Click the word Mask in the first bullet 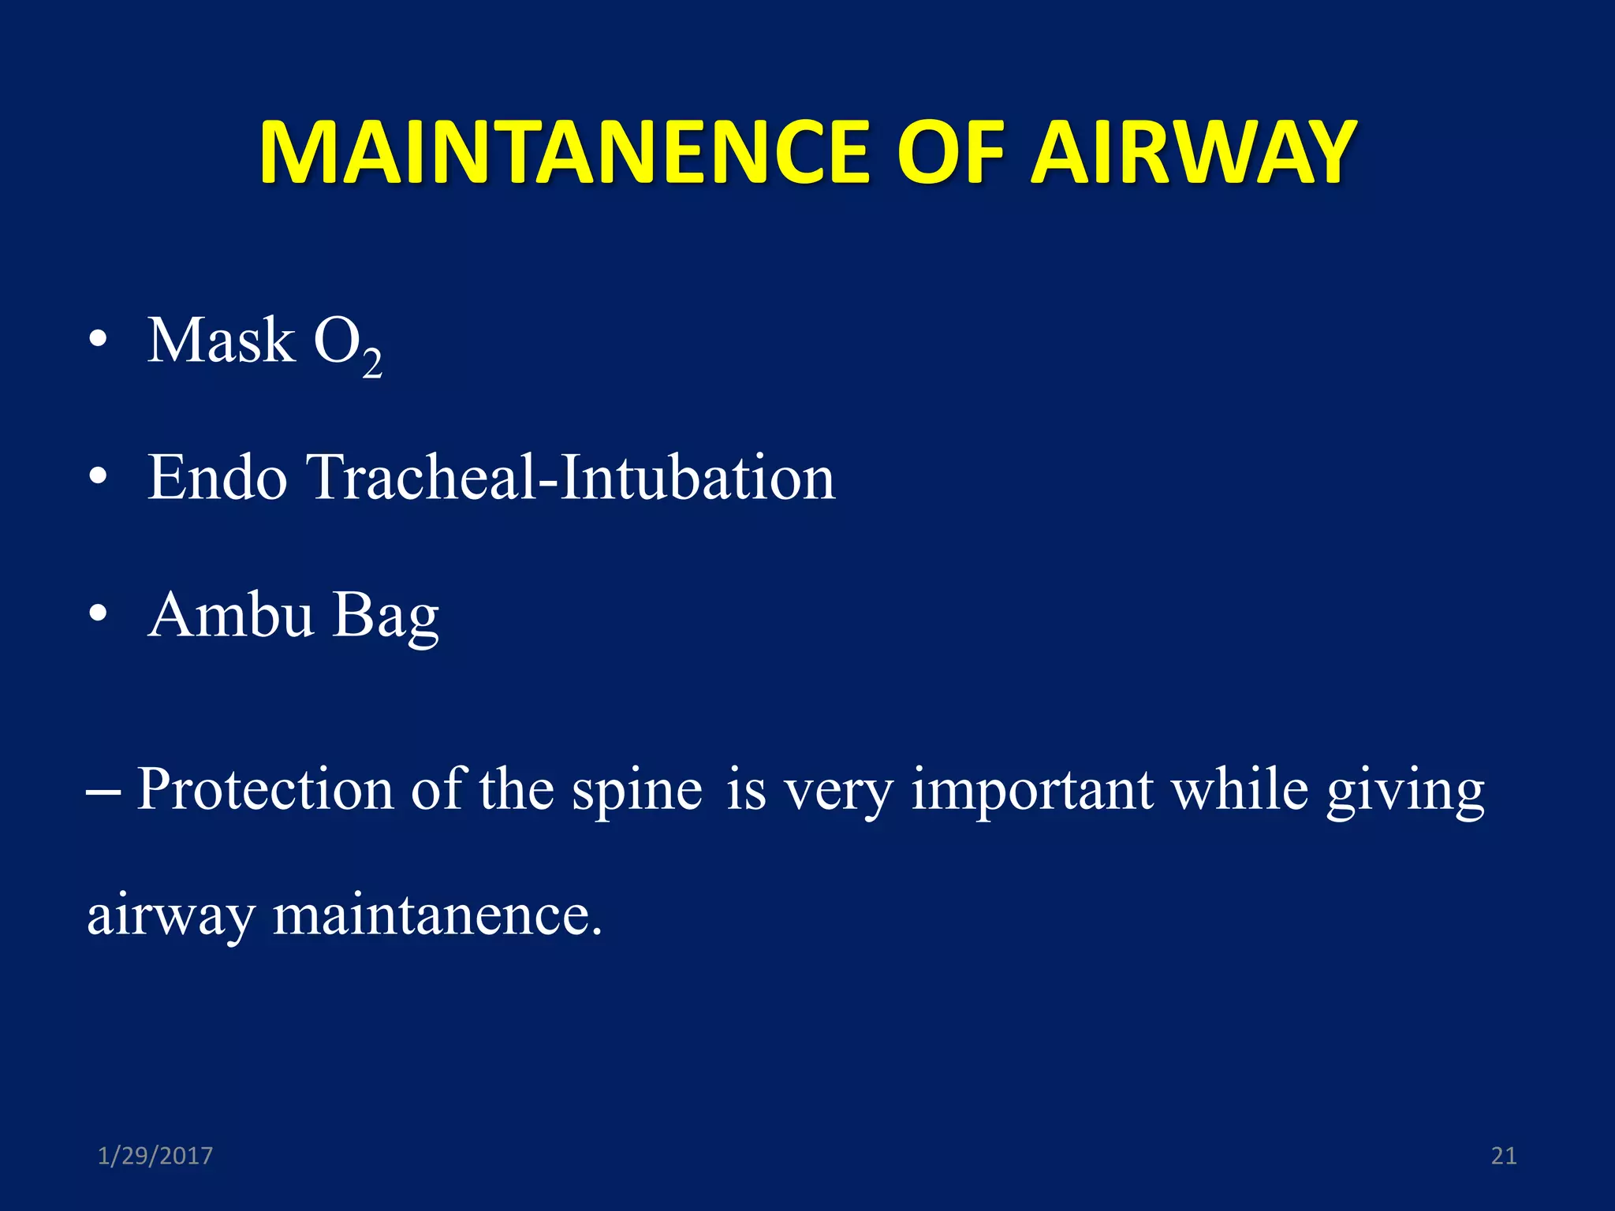pyautogui.click(x=222, y=341)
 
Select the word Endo pyautogui.click(x=218, y=478)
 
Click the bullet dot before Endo pyautogui.click(x=98, y=478)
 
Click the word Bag pyautogui.click(x=386, y=617)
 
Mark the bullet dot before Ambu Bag pyautogui.click(x=98, y=615)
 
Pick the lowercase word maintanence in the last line pyautogui.click(x=437, y=916)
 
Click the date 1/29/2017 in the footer pyautogui.click(x=155, y=1156)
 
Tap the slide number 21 pyautogui.click(x=1503, y=1156)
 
